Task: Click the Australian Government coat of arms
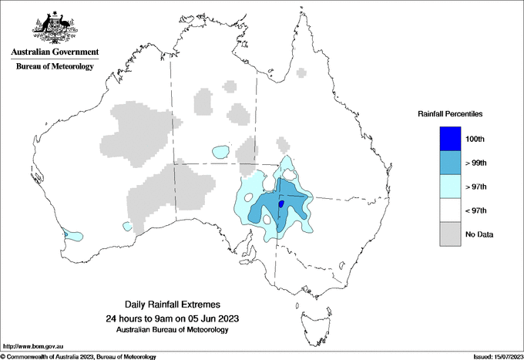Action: coord(54,29)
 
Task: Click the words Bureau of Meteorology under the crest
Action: coord(55,67)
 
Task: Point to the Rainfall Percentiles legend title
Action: coord(450,113)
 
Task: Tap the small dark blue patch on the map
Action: coord(280,204)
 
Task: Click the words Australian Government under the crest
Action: coord(55,52)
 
